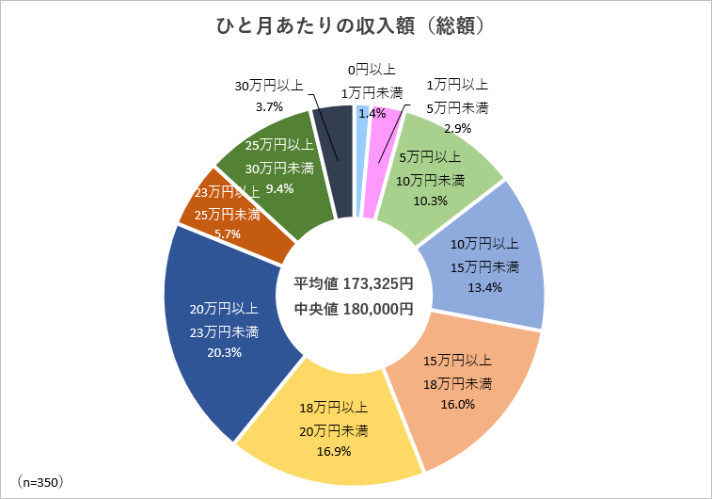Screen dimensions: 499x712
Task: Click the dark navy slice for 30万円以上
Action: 334,160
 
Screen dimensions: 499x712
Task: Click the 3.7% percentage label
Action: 270,106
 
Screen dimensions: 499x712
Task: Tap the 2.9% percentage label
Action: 456,128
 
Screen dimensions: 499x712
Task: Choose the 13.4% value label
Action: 484,288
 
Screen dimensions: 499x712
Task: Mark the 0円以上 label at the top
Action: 371,69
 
